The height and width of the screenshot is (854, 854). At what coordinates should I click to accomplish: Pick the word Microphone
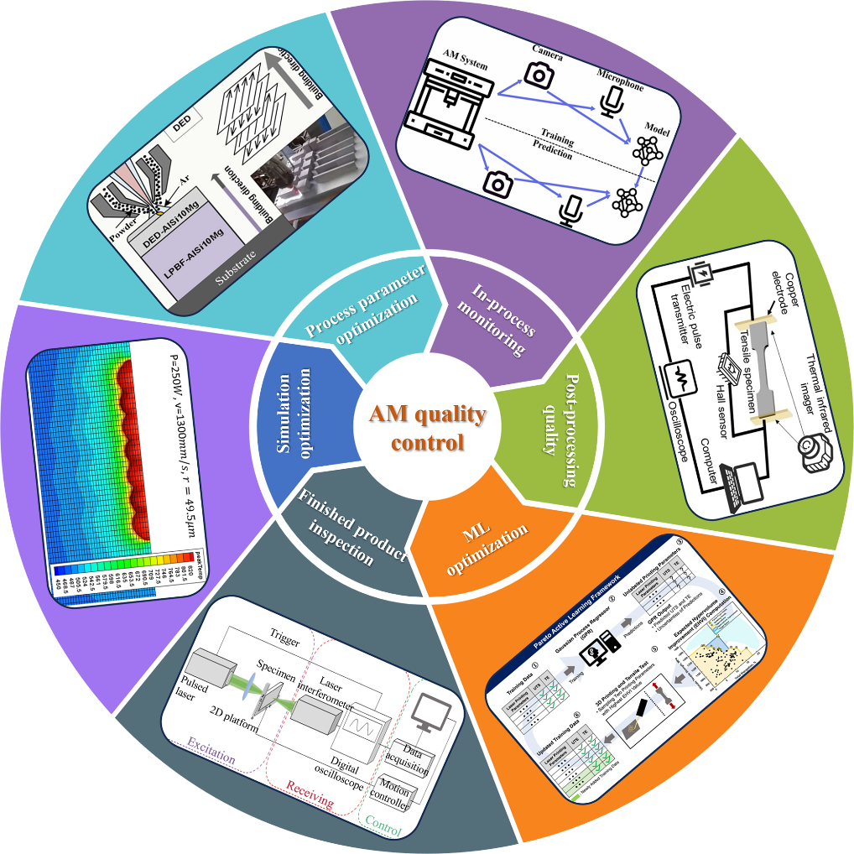click(x=620, y=85)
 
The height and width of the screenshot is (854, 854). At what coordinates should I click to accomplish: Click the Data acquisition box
click(x=411, y=755)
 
